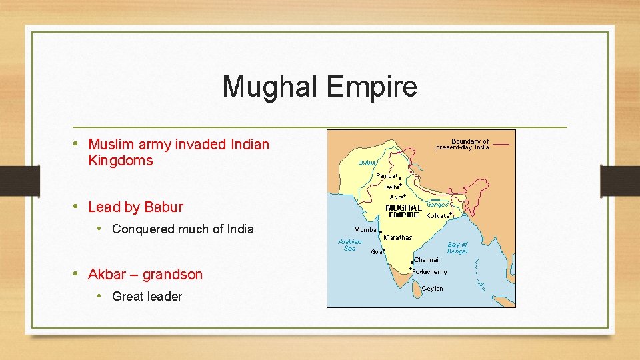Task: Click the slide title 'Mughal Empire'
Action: [319, 87]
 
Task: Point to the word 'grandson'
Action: [172, 274]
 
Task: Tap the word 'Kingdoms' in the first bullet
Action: [121, 161]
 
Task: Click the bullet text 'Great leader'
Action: [147, 297]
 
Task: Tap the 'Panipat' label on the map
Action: [386, 176]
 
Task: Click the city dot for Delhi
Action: [399, 187]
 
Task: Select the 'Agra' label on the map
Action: [396, 197]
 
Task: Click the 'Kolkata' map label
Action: [437, 216]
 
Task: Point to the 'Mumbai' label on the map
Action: [366, 230]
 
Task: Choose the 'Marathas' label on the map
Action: [399, 238]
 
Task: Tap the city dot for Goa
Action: [385, 249]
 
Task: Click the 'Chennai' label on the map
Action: [427, 260]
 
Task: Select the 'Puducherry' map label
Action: [431, 272]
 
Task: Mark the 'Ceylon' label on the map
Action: [432, 289]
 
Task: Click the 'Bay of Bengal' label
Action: [457, 248]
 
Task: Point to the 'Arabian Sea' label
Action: [350, 245]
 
